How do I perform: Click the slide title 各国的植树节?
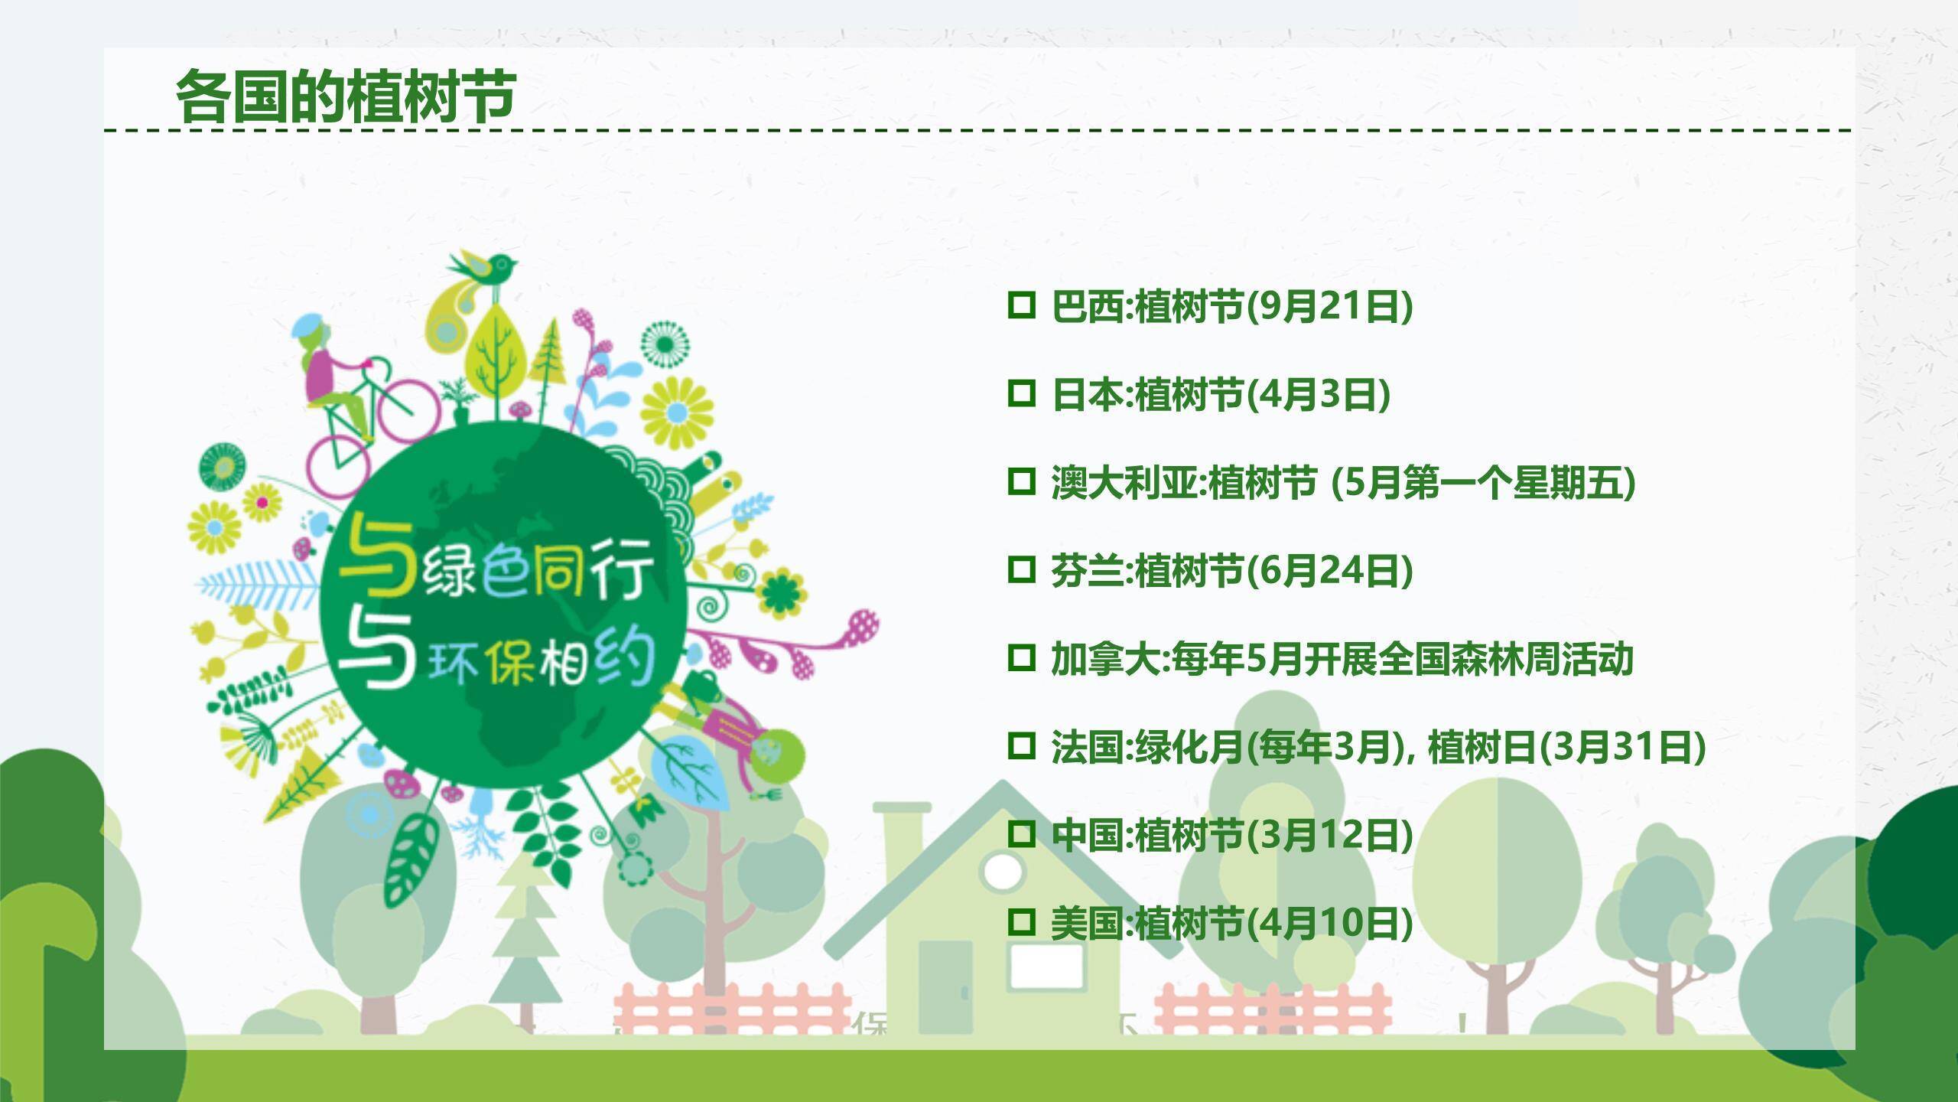[x=346, y=96]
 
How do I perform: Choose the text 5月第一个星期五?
[x=1484, y=483]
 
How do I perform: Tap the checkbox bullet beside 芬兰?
[x=1021, y=569]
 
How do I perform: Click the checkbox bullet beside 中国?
[x=1021, y=833]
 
